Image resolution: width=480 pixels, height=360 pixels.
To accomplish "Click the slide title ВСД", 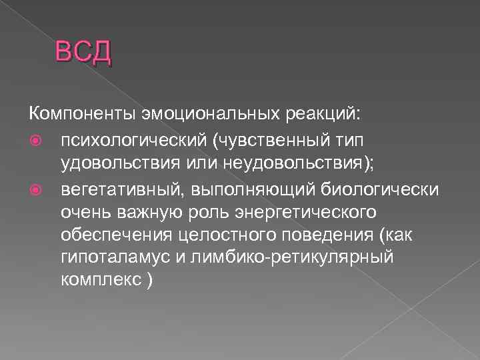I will pyautogui.click(x=83, y=52).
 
